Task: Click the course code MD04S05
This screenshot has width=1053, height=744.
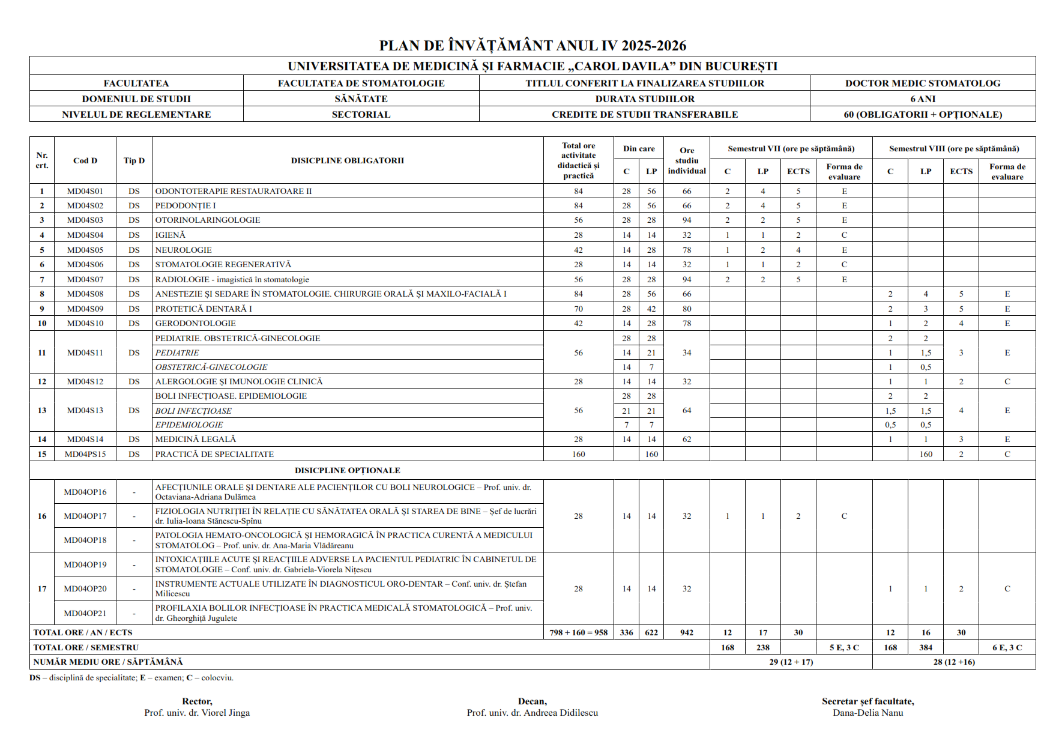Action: [x=85, y=250]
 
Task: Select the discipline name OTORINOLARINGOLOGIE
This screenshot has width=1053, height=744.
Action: [x=208, y=220]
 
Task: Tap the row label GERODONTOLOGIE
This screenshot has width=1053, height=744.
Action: [x=196, y=323]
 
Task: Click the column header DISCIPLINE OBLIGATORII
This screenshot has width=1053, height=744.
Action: [x=347, y=160]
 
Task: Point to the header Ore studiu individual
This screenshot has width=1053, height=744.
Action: [x=687, y=160]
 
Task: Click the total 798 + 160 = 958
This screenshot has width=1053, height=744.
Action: [x=578, y=632]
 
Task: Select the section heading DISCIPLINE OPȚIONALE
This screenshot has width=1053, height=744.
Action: [x=347, y=470]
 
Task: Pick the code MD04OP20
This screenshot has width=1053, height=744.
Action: [x=85, y=588]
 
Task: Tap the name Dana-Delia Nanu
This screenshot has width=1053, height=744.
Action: [x=867, y=713]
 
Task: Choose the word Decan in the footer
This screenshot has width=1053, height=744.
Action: [x=532, y=701]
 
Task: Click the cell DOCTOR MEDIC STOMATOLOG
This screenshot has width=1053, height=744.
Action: [x=923, y=83]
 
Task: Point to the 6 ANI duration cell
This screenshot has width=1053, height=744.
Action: [x=923, y=99]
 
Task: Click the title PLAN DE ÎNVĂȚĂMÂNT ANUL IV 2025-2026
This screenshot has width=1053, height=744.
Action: [x=533, y=46]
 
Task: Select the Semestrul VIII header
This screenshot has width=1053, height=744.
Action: [x=954, y=148]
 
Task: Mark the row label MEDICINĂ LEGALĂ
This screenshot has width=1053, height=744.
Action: [x=196, y=439]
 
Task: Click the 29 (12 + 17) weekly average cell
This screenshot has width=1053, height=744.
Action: [x=791, y=662]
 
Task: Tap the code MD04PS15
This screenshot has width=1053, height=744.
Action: [x=85, y=454]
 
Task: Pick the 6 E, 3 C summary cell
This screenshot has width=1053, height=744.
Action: [x=1007, y=647]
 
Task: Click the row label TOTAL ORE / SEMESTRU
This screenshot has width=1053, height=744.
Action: [x=86, y=647]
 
